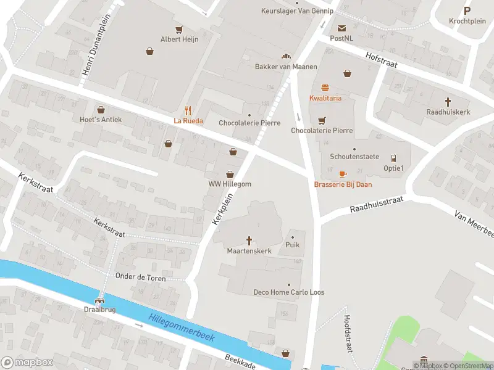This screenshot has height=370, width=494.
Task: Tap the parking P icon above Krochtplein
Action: point(467,10)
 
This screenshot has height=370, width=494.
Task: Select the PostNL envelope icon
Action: point(341,28)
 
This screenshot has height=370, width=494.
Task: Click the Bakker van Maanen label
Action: point(286,67)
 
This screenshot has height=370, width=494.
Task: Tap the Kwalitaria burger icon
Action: point(325,88)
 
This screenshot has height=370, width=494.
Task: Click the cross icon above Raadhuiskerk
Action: point(448,101)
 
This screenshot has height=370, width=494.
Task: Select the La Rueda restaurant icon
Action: point(188,111)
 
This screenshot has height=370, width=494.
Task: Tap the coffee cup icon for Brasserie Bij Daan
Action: point(343,175)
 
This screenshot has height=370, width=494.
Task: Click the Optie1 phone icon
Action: point(393,158)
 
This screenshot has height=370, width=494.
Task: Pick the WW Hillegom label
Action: point(230,184)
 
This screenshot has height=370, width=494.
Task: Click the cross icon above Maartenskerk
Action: point(249,240)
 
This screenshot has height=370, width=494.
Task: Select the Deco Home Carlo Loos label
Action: point(289,292)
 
